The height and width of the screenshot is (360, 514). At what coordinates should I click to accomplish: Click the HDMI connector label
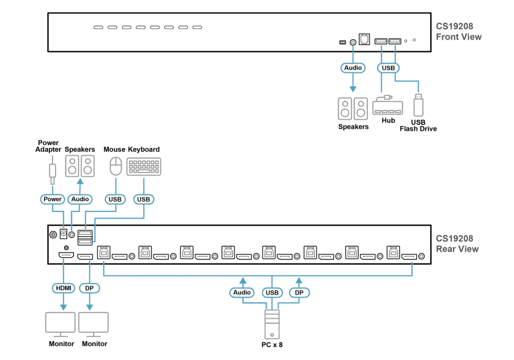[63, 288]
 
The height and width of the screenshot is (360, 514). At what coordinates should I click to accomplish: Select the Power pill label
[52, 199]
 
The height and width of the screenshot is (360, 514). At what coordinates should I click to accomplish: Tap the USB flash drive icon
[418, 105]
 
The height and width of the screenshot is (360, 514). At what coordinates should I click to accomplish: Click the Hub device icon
[388, 105]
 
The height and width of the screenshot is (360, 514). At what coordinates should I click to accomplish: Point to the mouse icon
[116, 166]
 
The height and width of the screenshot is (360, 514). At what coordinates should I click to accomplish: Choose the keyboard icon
[144, 167]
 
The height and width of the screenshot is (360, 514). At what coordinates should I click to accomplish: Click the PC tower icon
[272, 324]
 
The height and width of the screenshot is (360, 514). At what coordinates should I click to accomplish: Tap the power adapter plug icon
[52, 170]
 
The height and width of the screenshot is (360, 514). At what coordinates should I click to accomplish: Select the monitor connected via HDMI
[61, 324]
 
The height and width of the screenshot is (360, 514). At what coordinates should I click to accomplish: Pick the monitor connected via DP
[93, 324]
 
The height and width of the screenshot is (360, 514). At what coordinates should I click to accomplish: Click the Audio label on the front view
[353, 68]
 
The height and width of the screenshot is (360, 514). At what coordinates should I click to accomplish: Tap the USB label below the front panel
[389, 68]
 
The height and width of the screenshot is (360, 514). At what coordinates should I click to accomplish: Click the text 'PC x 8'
[272, 344]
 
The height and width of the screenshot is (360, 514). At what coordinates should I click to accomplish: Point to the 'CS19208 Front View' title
[459, 32]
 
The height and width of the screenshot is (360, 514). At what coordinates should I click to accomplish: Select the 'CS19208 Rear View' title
[457, 244]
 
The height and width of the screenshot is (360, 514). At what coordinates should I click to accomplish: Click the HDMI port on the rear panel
[66, 255]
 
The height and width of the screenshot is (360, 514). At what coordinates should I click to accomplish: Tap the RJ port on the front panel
[364, 39]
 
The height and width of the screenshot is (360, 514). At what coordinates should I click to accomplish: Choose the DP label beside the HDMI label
[89, 288]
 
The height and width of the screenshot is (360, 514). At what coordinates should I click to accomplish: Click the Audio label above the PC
[242, 292]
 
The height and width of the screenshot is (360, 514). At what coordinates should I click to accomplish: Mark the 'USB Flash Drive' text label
[418, 125]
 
